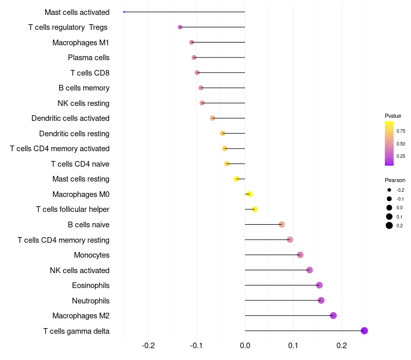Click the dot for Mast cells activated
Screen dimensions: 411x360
tap(124, 12)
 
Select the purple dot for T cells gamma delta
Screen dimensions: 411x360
tap(364, 331)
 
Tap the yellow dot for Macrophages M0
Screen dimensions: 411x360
tap(250, 194)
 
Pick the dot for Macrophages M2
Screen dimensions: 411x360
tap(333, 315)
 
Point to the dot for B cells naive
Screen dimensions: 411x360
tap(282, 224)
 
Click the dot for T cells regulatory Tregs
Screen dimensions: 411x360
tap(180, 27)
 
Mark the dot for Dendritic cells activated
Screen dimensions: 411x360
tap(213, 118)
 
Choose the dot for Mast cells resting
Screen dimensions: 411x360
tap(236, 179)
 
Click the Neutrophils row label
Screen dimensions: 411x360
tap(91, 301)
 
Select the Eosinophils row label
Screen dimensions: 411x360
tap(91, 285)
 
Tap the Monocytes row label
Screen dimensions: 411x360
tap(92, 255)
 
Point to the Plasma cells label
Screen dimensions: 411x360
tap(88, 58)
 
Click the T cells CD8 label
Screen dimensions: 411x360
tap(90, 73)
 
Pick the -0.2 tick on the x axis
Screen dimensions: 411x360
tap(148, 346)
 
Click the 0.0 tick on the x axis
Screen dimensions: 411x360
tap(245, 346)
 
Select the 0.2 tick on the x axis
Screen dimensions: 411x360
tap(342, 346)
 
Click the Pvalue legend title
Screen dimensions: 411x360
tap(393, 116)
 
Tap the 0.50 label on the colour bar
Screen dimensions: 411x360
tap(401, 144)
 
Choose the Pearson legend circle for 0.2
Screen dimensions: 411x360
tap(389, 225)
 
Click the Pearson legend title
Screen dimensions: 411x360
tap(395, 181)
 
